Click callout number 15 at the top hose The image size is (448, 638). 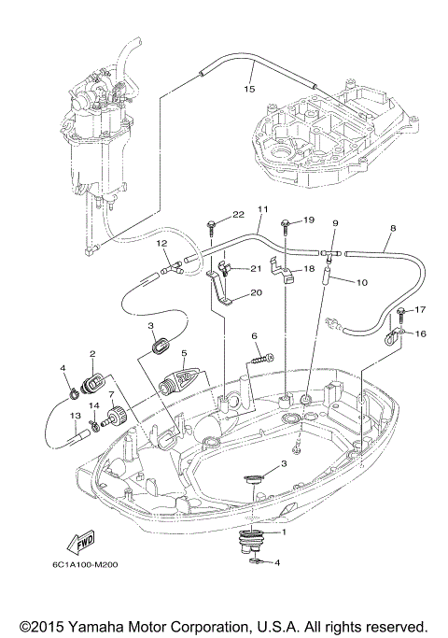(249, 90)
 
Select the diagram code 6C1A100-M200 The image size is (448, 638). (78, 564)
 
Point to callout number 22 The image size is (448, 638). (212, 214)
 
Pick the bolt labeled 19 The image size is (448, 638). (282, 222)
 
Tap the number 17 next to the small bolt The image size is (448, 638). (420, 309)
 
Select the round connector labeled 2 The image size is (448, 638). (94, 383)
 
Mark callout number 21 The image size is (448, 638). (254, 268)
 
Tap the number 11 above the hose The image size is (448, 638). (262, 211)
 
